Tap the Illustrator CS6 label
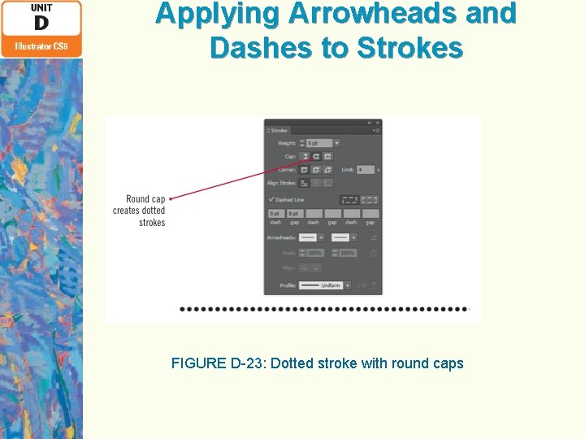[41, 46]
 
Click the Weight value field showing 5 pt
[318, 143]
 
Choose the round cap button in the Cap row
[315, 156]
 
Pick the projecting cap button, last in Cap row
[327, 156]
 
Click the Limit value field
[365, 170]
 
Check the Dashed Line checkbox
[271, 199]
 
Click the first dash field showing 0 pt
[276, 213]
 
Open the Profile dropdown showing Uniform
[324, 285]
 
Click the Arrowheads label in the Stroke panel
[280, 237]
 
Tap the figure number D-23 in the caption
[249, 363]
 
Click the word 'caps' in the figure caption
[448, 363]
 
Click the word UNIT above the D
[41, 7]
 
